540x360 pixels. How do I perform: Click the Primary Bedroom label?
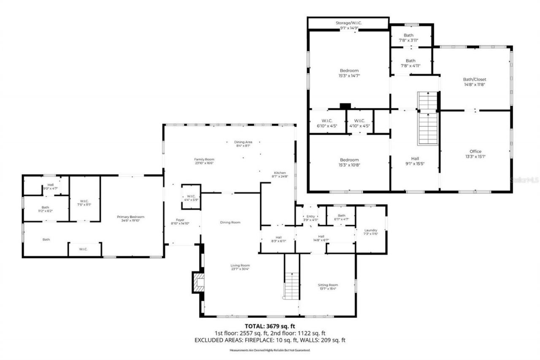tap(133, 217)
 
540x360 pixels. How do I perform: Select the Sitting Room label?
tap(328, 285)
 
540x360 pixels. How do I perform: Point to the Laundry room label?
tap(371, 230)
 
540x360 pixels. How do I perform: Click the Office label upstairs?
tap(475, 152)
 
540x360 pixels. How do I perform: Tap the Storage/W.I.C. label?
tap(349, 23)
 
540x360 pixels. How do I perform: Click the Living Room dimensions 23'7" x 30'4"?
tap(240, 269)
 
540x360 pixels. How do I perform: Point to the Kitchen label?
tap(280, 173)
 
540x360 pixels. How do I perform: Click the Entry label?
tap(310, 216)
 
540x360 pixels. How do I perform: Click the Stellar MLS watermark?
tap(524, 179)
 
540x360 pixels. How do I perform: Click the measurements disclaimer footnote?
tap(270, 350)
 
